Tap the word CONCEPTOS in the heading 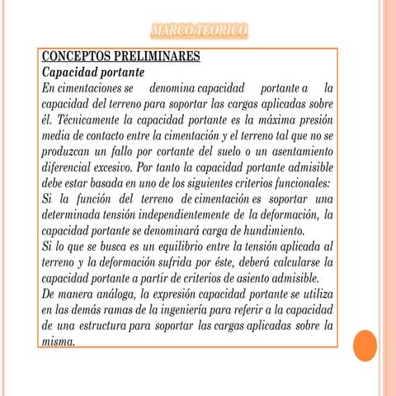(x=75, y=57)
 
